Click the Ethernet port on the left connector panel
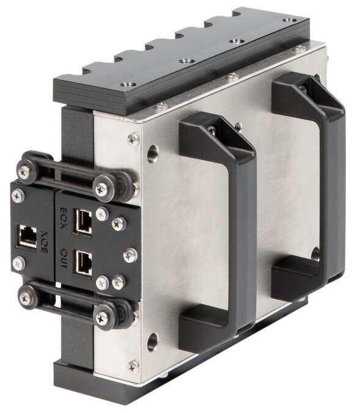[x=27, y=237]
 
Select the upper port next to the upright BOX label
[x=83, y=221]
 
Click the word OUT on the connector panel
[x=64, y=258]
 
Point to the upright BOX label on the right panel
[x=63, y=218]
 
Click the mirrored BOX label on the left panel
[x=44, y=242]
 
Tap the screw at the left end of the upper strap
[x=24, y=172]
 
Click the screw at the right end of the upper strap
[x=101, y=189]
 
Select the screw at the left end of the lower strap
[x=26, y=298]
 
